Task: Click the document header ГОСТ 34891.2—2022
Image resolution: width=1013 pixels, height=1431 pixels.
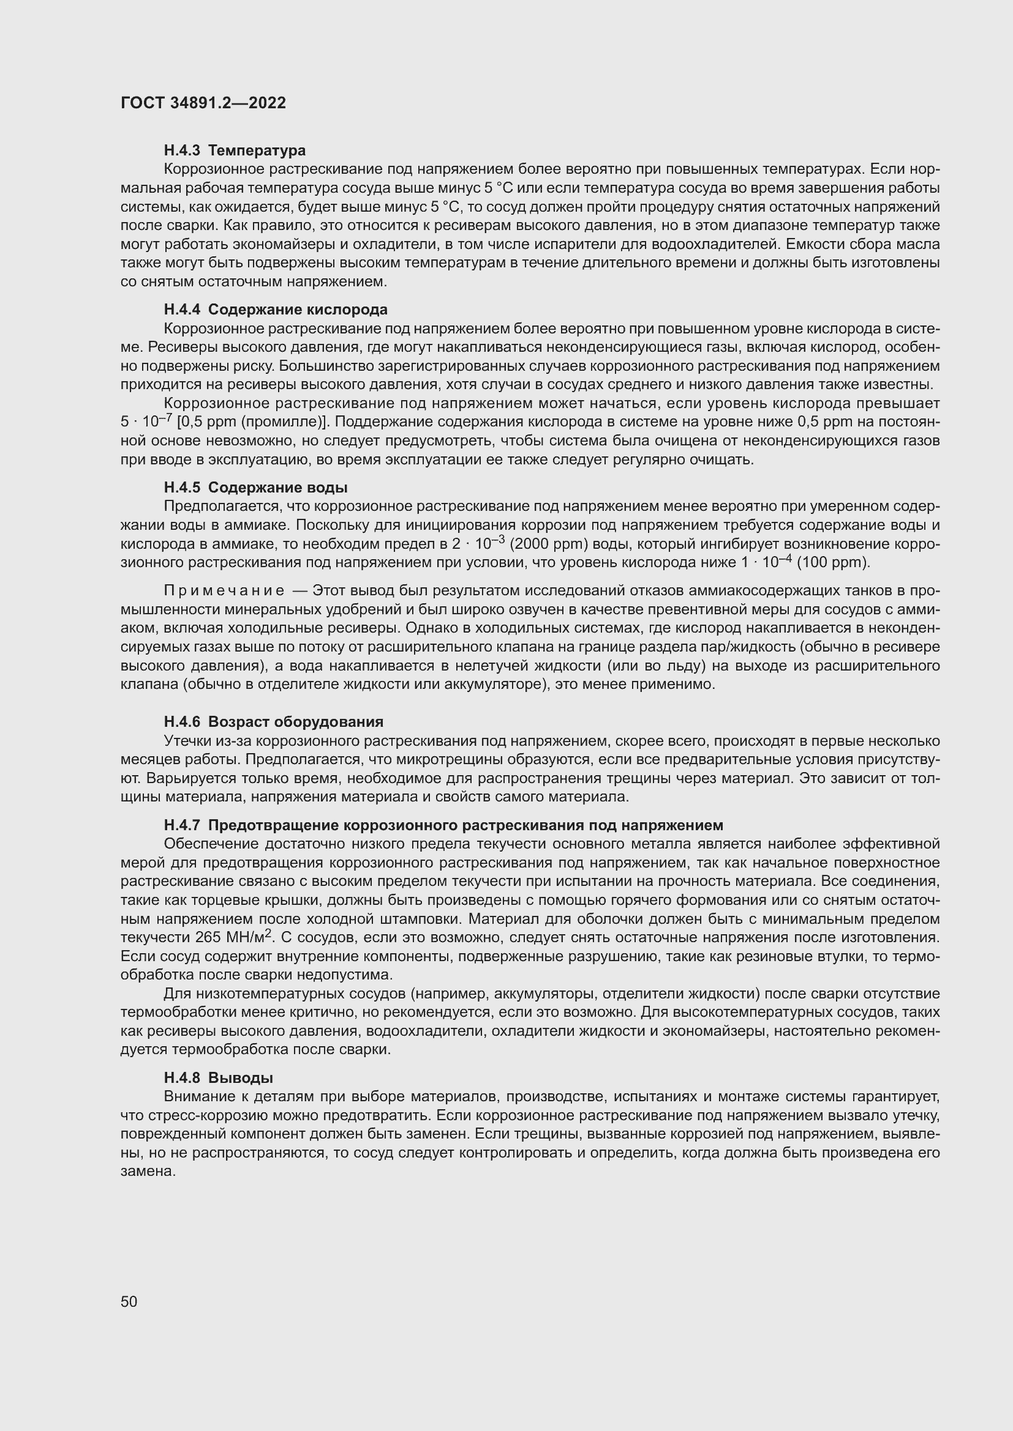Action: (x=203, y=103)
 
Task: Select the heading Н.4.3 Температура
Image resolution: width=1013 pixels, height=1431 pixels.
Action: (x=235, y=151)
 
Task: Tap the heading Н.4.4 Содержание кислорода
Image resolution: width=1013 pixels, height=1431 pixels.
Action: (x=275, y=310)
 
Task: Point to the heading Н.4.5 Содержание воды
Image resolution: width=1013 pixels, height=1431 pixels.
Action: (x=256, y=488)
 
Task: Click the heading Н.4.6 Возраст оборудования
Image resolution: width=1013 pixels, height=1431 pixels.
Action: (x=273, y=722)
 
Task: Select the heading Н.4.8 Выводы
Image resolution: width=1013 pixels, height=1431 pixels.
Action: (x=218, y=1077)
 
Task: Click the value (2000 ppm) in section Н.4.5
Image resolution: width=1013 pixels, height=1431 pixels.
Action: (x=549, y=544)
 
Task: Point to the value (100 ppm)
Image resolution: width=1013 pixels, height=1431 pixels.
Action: (x=834, y=563)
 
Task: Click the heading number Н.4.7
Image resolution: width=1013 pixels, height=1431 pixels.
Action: (x=181, y=825)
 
